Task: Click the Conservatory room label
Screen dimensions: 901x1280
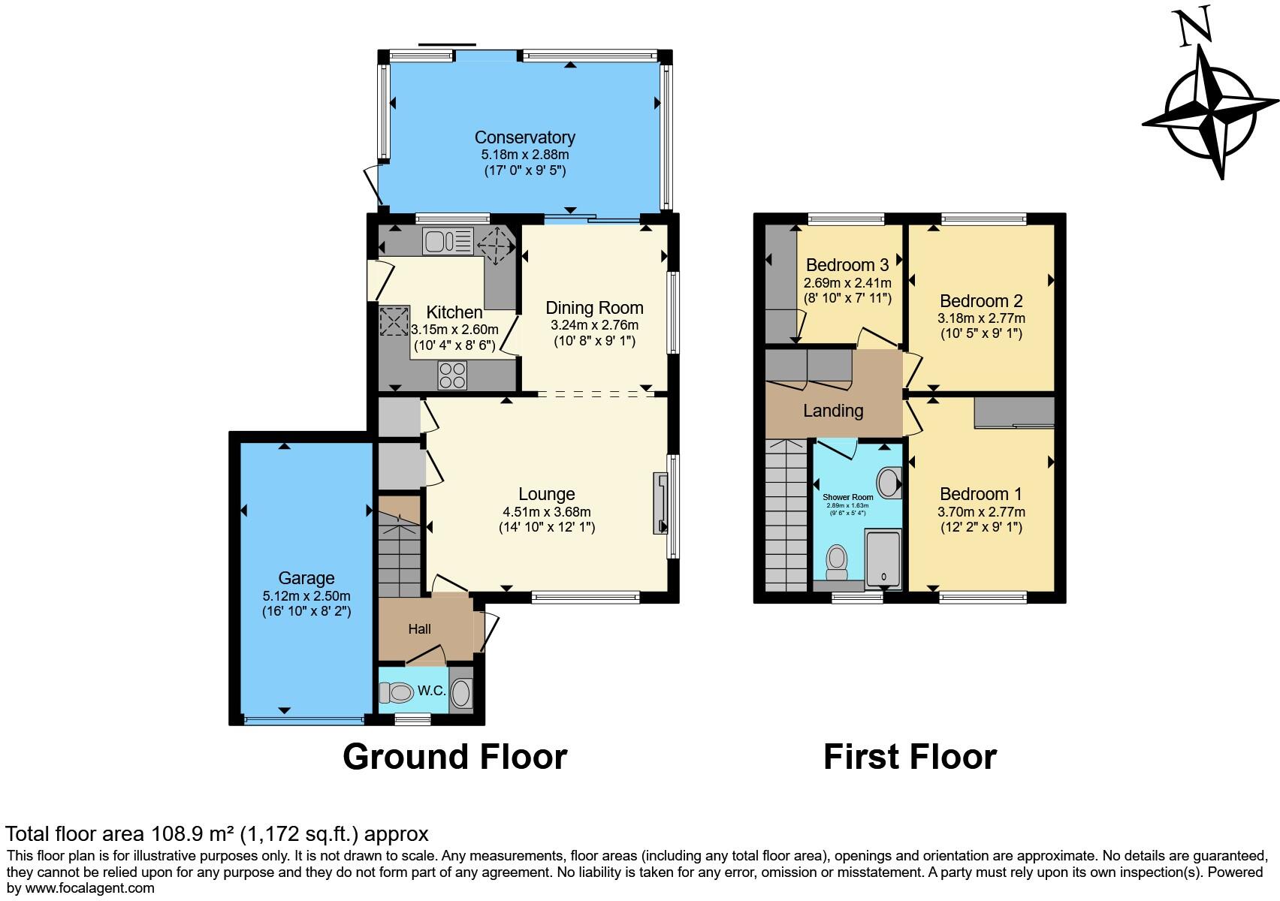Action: (x=524, y=137)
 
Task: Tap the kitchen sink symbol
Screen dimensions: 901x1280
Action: (x=448, y=242)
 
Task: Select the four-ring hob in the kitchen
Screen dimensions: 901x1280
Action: (x=452, y=375)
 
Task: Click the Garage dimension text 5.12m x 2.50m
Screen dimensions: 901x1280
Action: (x=306, y=595)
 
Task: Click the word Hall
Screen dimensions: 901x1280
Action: (x=419, y=629)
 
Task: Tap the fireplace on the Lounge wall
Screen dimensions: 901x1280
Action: (x=660, y=503)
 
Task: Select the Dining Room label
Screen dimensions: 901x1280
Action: (x=594, y=308)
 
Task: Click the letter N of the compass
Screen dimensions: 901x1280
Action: (x=1194, y=28)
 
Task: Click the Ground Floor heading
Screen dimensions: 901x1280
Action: (x=454, y=757)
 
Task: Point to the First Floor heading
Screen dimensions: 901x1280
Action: (x=910, y=757)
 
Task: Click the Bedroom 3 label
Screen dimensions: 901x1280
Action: (x=847, y=265)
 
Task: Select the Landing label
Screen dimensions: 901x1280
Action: (x=833, y=411)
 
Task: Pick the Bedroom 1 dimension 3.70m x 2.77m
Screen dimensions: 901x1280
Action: (x=981, y=512)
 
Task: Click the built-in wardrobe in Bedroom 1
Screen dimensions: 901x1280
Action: (x=1014, y=412)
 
